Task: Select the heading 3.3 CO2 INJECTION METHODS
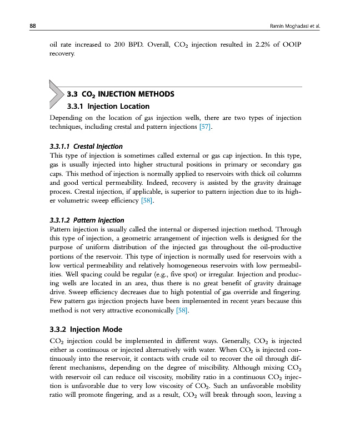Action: pos(120,94)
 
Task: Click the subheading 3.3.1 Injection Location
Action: pos(108,106)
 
